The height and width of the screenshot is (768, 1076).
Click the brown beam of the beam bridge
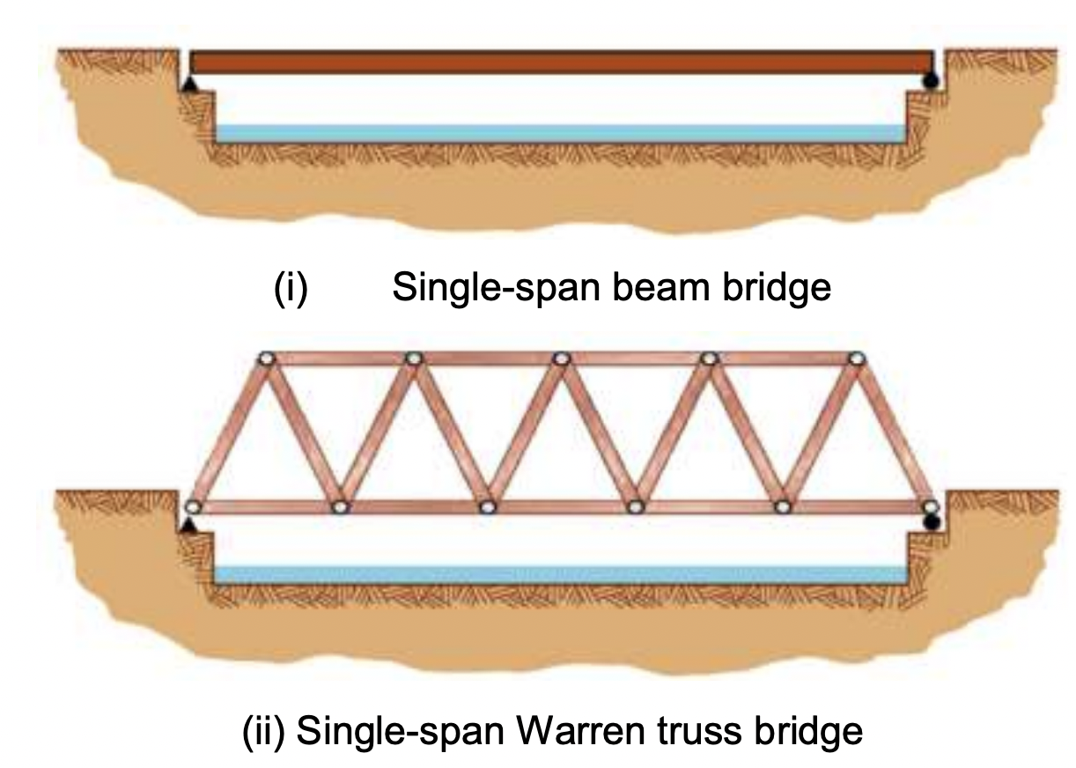click(x=561, y=63)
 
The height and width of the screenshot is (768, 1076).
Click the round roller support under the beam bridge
click(x=930, y=82)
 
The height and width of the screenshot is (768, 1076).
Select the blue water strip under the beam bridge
click(x=561, y=133)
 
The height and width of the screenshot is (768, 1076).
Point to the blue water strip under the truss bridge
click(x=561, y=574)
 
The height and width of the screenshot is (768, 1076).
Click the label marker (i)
click(x=290, y=288)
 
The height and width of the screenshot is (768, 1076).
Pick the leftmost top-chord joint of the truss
click(x=267, y=358)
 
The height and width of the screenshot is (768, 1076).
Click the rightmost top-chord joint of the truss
click(x=856, y=358)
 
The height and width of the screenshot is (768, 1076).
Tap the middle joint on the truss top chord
click(x=561, y=358)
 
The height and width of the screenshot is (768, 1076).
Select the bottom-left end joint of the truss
click(x=193, y=506)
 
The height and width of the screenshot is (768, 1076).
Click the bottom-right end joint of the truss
click(x=929, y=506)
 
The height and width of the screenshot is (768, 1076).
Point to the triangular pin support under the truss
click(x=188, y=525)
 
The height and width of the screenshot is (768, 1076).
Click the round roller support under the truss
click(x=931, y=522)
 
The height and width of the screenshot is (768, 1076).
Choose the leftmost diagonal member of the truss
click(x=230, y=432)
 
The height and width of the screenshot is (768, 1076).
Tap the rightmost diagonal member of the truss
click(x=892, y=432)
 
